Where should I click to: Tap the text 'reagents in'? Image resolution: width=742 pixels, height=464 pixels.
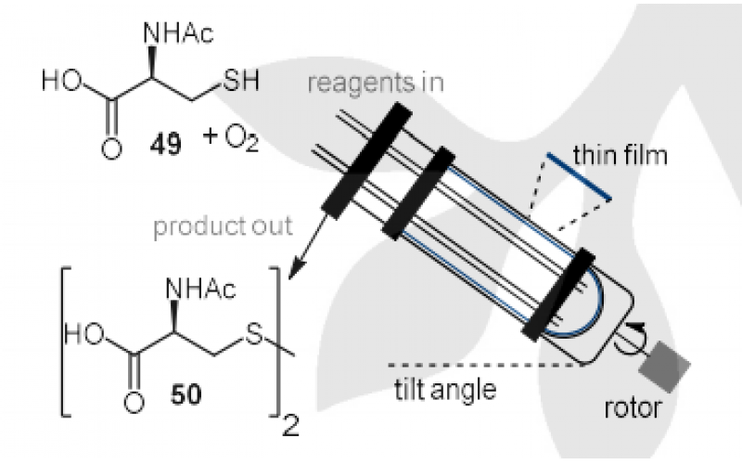click(x=390, y=83)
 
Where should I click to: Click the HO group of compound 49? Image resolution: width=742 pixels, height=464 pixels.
click(x=59, y=81)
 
